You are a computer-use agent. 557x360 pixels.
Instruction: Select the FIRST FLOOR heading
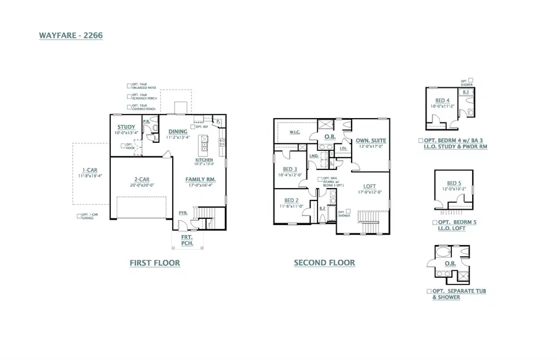(155, 263)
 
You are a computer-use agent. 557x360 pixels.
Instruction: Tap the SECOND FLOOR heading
(324, 263)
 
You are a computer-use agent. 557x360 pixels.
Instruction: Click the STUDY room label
(126, 127)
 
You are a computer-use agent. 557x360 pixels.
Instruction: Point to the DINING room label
(178, 131)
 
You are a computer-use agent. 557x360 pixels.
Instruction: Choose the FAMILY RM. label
(201, 179)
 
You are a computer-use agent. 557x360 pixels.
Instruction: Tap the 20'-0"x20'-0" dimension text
(140, 184)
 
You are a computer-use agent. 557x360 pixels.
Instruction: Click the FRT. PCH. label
(187, 241)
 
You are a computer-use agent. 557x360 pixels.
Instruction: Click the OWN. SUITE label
(370, 140)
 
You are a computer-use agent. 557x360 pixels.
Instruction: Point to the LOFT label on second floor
(369, 186)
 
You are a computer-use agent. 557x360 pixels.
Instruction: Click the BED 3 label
(290, 169)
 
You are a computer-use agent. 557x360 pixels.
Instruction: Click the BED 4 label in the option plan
(442, 100)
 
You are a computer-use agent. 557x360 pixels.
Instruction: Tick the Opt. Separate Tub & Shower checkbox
(430, 291)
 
